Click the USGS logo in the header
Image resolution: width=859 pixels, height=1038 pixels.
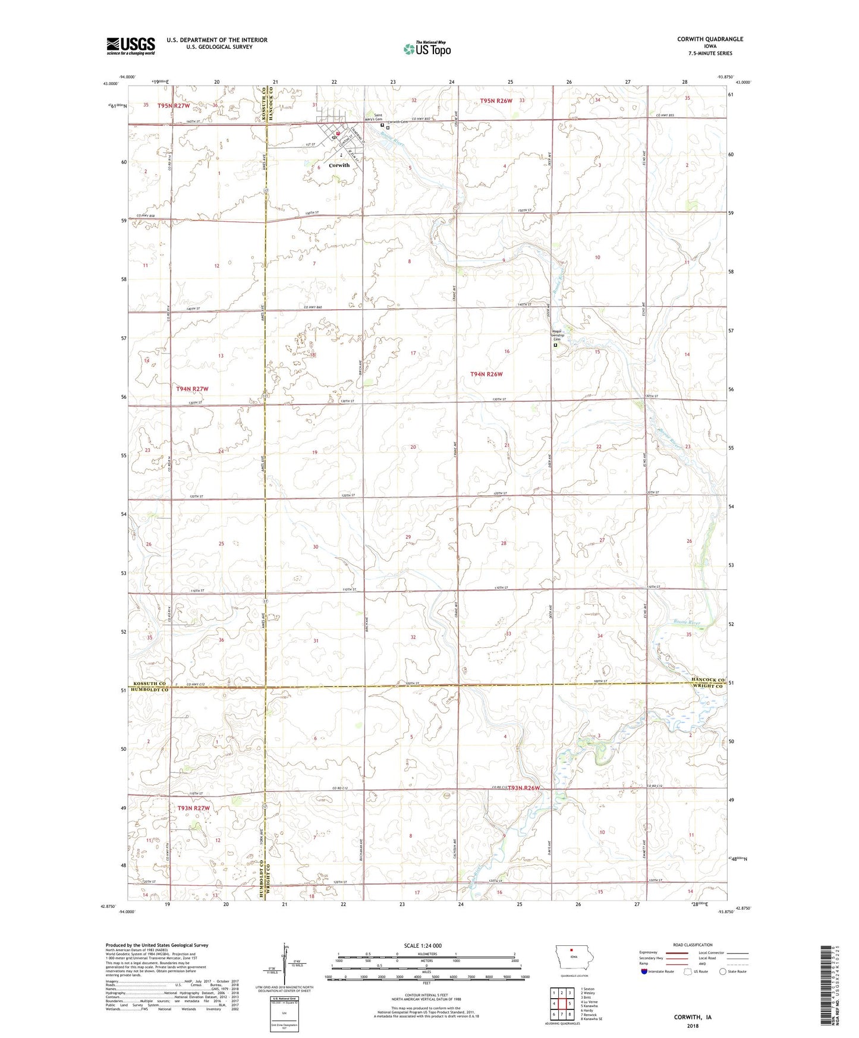click(131, 46)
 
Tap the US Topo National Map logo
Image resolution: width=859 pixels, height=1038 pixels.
click(427, 49)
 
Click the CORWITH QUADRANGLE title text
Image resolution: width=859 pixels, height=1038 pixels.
click(710, 39)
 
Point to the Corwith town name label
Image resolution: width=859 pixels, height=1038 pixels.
click(339, 165)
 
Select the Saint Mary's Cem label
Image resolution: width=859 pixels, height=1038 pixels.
click(374, 117)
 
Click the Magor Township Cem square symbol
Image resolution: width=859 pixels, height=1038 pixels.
click(556, 345)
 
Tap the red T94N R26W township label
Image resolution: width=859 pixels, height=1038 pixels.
click(486, 374)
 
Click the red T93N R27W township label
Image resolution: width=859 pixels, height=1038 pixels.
click(193, 808)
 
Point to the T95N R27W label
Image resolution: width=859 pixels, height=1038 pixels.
click(174, 106)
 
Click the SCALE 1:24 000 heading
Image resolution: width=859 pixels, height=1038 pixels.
click(423, 945)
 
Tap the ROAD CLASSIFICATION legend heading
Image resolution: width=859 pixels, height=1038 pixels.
click(692, 945)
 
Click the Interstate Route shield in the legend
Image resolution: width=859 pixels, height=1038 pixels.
click(644, 971)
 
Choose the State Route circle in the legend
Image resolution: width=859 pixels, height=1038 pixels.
click(723, 971)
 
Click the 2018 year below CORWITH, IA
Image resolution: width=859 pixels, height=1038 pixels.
click(693, 1026)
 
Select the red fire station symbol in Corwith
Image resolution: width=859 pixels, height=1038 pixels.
click(338, 134)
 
